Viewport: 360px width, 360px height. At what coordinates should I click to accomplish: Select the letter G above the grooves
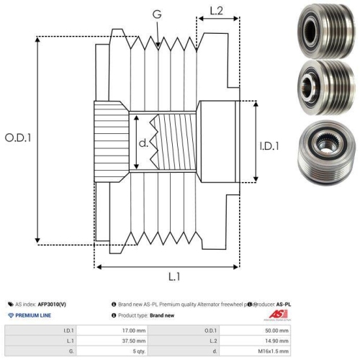click(x=158, y=14)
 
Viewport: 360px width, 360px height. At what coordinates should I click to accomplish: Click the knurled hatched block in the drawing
click(x=112, y=140)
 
